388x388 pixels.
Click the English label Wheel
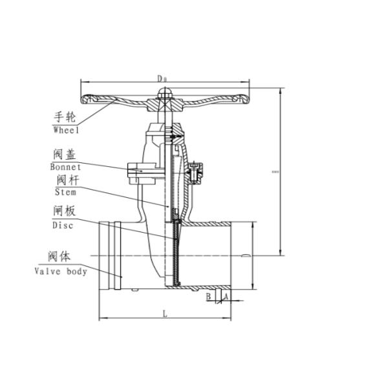65,130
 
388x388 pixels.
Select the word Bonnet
66,166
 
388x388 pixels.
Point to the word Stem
65,192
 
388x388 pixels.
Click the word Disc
63,225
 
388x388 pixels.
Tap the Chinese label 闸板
63,211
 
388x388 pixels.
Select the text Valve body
61,272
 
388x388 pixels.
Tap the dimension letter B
209,296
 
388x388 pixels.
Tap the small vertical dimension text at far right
275,172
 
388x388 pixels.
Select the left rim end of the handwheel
85,100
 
